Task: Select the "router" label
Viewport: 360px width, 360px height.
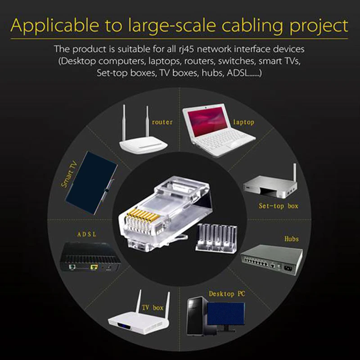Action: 162,122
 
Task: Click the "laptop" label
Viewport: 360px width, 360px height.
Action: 243,122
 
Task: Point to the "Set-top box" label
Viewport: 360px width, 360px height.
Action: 279,206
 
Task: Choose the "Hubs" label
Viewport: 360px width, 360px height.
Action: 291,238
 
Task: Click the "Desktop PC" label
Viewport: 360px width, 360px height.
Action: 227,294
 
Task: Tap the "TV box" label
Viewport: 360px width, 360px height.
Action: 153,308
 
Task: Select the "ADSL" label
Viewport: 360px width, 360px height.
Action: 87,234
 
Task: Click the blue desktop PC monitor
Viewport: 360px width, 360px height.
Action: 228,315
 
